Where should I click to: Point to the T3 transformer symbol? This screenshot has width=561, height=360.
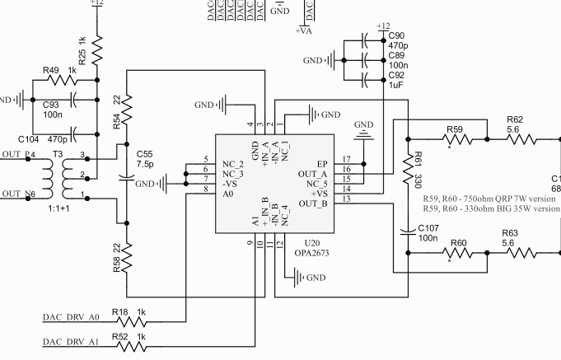tap(55, 175)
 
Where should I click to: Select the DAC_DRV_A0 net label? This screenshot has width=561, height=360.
tap(71, 316)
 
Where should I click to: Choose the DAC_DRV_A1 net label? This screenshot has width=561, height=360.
tap(71, 339)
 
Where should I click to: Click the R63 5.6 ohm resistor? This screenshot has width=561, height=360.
tap(511, 254)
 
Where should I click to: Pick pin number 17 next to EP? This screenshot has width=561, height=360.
tap(345, 159)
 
